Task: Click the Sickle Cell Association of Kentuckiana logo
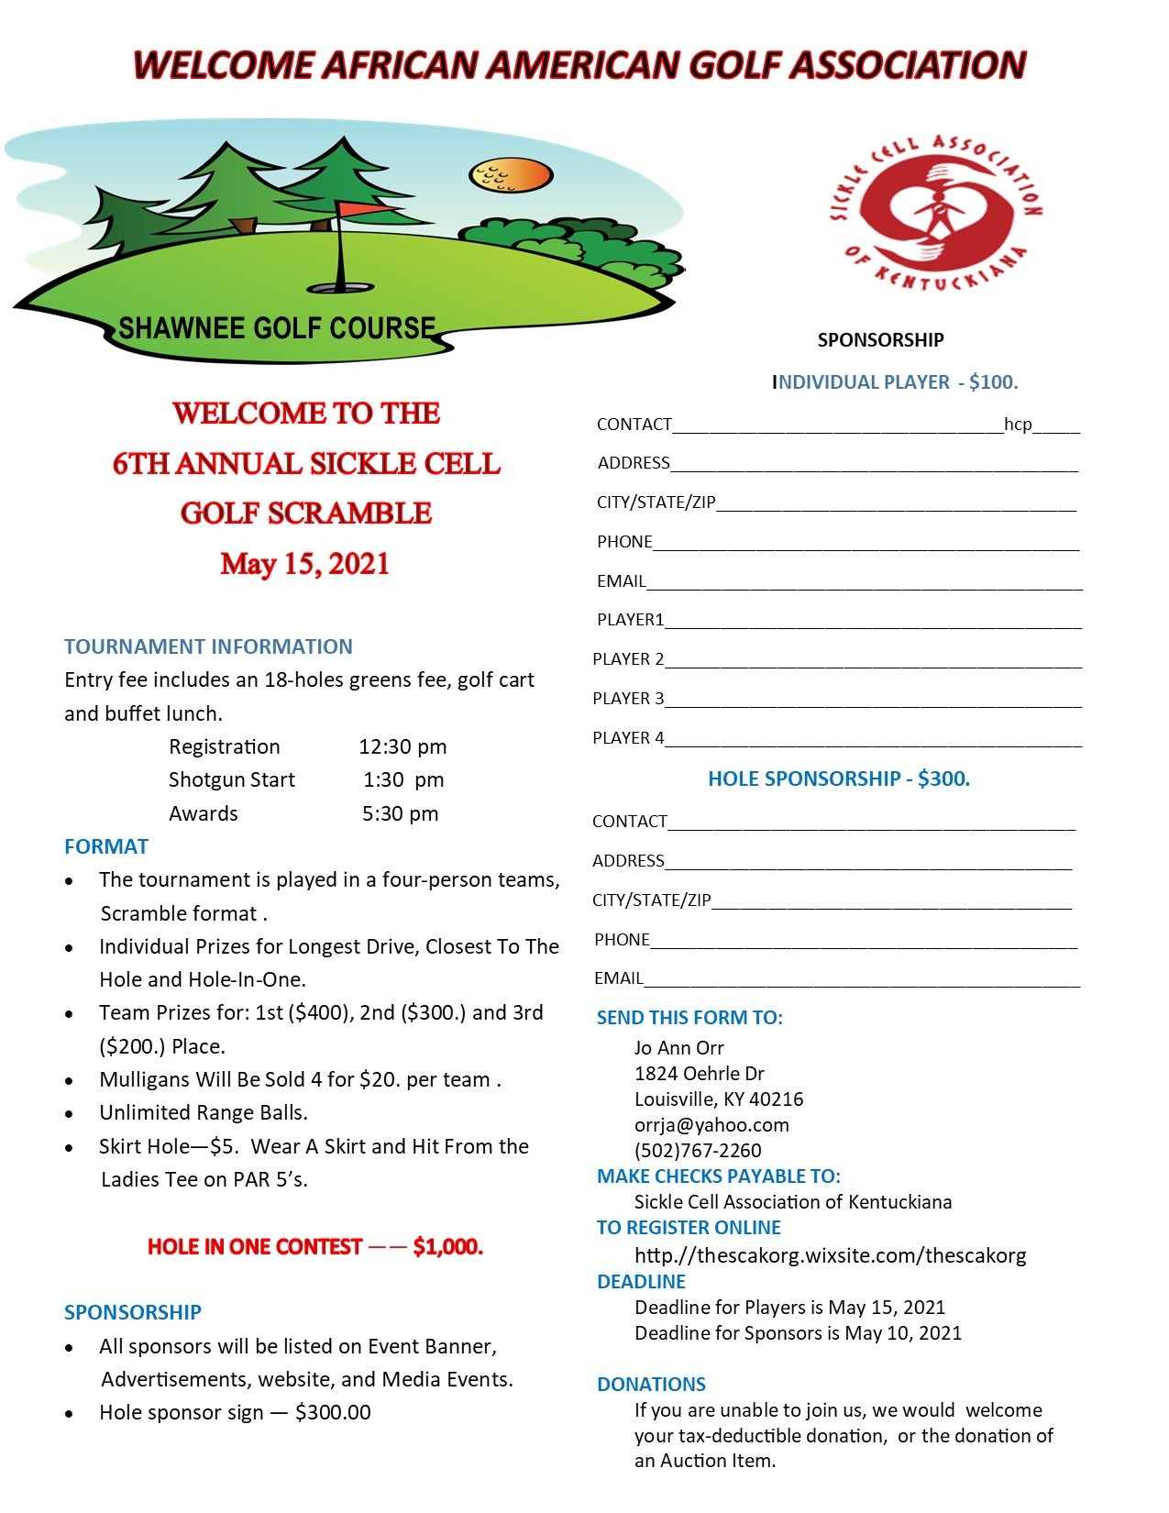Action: pos(935,212)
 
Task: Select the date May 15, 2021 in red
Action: pos(304,563)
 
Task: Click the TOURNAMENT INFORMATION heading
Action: pos(208,646)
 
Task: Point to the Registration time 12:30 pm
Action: pos(403,746)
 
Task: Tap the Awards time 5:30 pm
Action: pos(400,813)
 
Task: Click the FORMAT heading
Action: pos(106,846)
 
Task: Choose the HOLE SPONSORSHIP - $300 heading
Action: pos(839,779)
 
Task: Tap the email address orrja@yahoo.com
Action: pos(711,1124)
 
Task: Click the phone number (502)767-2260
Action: pos(698,1150)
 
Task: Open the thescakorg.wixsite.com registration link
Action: pos(830,1255)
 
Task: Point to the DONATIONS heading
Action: pos(651,1384)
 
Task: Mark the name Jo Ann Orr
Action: pos(678,1047)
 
